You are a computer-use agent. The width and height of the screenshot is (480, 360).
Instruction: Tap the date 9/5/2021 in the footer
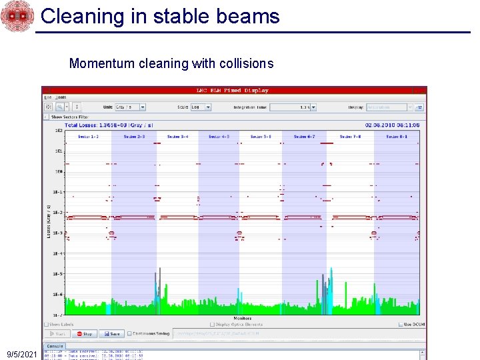pyautogui.click(x=21, y=355)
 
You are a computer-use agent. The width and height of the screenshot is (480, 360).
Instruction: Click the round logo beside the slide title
pyautogui.click(x=17, y=16)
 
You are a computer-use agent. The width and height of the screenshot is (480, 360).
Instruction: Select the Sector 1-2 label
pyautogui.click(x=88, y=137)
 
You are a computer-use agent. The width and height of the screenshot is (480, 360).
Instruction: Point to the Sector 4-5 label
pyautogui.click(x=219, y=137)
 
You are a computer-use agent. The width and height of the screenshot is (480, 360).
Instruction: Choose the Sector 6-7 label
pyautogui.click(x=304, y=137)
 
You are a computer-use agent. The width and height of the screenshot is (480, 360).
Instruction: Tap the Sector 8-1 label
pyautogui.click(x=397, y=137)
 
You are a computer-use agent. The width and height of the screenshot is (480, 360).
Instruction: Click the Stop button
pyautogui.click(x=85, y=333)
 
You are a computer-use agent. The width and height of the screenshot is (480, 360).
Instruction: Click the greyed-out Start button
pyautogui.click(x=58, y=333)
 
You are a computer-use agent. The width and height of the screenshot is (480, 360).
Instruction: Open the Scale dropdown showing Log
pyautogui.click(x=200, y=107)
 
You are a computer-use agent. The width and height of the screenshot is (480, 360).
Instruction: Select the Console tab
pyautogui.click(x=54, y=346)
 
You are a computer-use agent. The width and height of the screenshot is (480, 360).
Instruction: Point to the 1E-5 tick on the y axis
pyautogui.click(x=59, y=274)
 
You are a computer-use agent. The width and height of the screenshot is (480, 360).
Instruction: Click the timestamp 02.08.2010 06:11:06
pyautogui.click(x=392, y=125)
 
